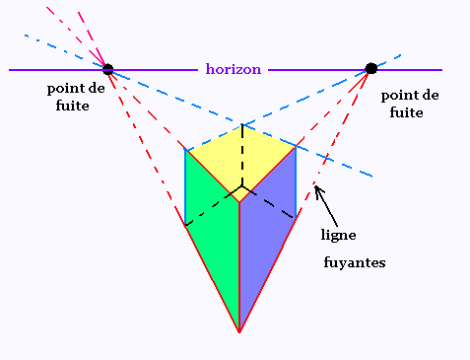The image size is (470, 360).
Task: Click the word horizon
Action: (234, 69)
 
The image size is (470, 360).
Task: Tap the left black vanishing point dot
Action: (107, 69)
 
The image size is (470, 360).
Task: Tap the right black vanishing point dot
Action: (371, 68)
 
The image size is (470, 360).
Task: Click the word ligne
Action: (338, 236)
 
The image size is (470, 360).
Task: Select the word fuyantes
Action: (355, 262)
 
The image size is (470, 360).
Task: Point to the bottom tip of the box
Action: (239, 332)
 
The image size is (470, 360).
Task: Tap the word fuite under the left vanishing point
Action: (72, 106)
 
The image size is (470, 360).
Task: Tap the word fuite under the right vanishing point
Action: (406, 112)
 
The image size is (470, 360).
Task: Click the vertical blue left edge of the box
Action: (185, 187)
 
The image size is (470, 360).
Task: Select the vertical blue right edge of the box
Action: (296, 181)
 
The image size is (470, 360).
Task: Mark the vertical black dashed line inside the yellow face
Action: (242, 156)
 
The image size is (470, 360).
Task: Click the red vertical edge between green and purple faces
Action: (239, 266)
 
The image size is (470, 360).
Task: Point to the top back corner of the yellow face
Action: (242, 124)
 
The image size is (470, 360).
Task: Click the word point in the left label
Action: (61, 89)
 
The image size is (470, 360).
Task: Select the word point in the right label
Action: (395, 96)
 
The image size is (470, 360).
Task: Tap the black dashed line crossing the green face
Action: (214, 206)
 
